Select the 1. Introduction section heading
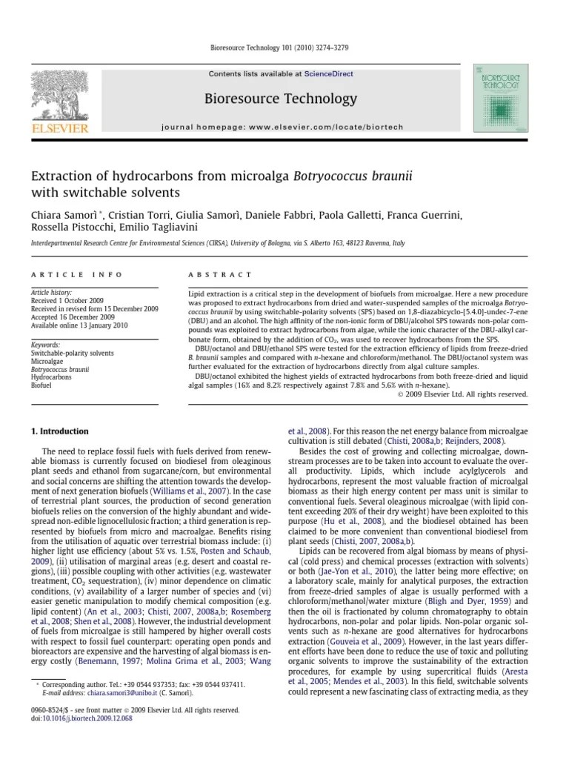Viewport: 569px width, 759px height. (59, 431)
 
